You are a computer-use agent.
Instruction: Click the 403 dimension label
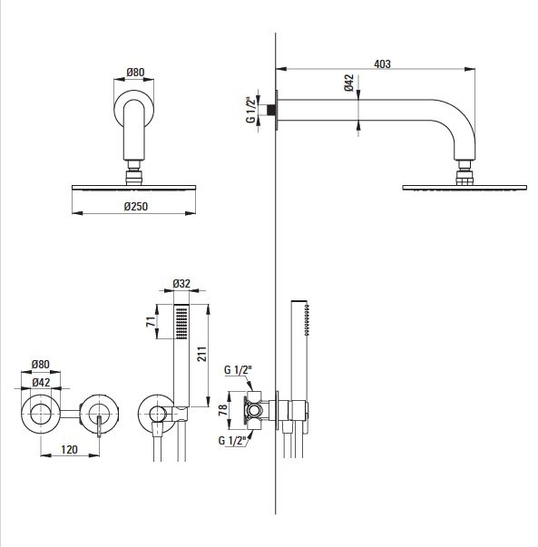pyautogui.click(x=382, y=63)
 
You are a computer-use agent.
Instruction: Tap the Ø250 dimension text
pyautogui.click(x=136, y=207)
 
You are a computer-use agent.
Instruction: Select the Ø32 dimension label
pyautogui.click(x=181, y=284)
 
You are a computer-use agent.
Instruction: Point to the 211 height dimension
pyautogui.click(x=202, y=354)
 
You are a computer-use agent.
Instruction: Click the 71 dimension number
pyautogui.click(x=151, y=322)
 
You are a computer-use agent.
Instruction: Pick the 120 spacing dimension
pyautogui.click(x=69, y=449)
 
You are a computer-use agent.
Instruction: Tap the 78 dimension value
pyautogui.click(x=222, y=409)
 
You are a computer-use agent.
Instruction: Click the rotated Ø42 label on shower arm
pyautogui.click(x=348, y=83)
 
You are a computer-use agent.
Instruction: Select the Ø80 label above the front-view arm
pyautogui.click(x=135, y=73)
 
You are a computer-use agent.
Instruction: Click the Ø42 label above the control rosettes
pyautogui.click(x=41, y=382)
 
